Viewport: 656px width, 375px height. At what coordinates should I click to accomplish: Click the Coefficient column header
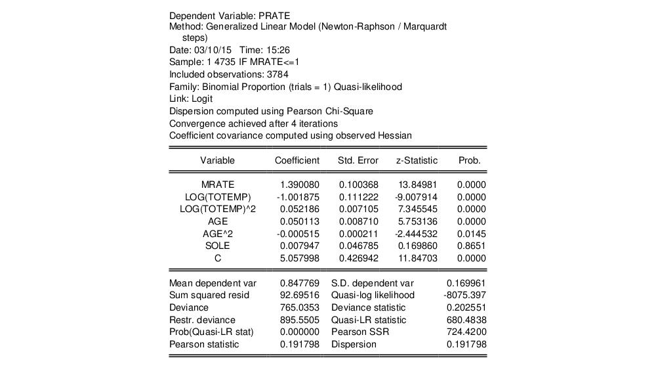(297, 160)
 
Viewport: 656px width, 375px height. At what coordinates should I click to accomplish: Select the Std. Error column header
(358, 160)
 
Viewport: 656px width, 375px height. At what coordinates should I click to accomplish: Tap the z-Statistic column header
(417, 160)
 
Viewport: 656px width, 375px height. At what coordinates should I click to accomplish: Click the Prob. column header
(470, 160)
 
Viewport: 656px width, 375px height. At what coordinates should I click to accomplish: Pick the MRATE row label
(217, 185)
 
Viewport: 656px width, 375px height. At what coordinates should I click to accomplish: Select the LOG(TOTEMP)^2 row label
(217, 209)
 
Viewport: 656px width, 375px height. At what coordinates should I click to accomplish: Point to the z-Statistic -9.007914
(418, 197)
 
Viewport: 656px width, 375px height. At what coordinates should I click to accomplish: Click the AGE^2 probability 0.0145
(472, 234)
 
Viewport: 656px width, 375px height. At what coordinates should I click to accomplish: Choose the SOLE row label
(217, 246)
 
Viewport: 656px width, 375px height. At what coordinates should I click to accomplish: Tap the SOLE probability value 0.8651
(472, 246)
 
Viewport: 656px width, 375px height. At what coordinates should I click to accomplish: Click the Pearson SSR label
(360, 332)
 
